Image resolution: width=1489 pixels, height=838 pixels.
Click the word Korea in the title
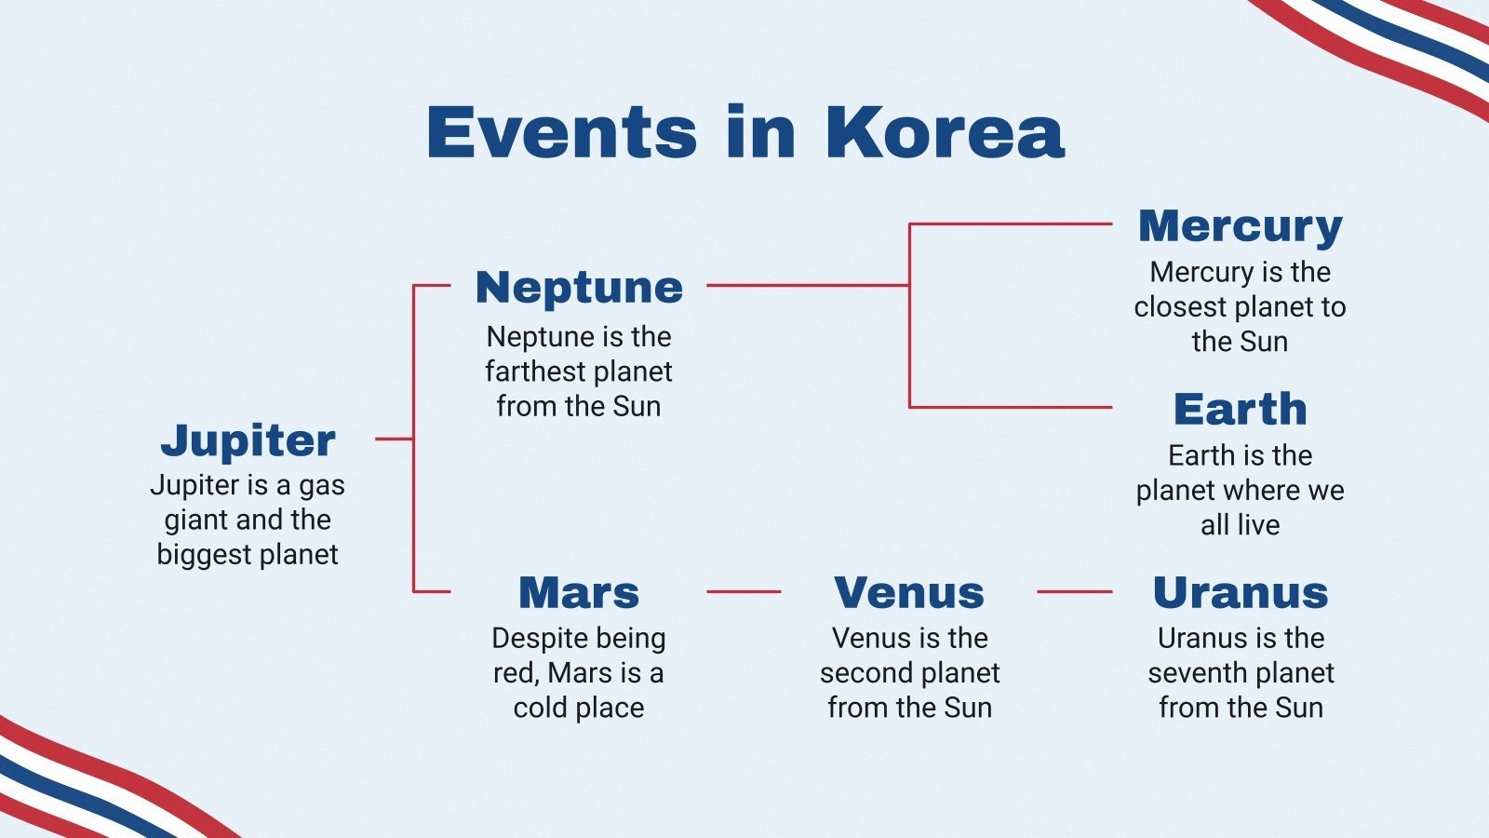tap(944, 132)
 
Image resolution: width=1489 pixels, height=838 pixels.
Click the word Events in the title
tap(562, 132)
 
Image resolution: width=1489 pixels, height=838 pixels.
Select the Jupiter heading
tap(248, 439)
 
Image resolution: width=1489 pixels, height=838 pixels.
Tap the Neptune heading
tap(579, 287)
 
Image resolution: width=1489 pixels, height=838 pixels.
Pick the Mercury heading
tap(1240, 226)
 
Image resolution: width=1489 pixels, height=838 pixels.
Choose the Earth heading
tap(1240, 409)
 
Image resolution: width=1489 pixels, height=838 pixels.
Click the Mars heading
tap(579, 592)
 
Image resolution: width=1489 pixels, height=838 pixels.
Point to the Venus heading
tap(909, 592)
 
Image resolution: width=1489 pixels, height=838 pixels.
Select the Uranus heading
tap(1240, 592)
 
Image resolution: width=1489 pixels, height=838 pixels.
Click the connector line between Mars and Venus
tap(744, 591)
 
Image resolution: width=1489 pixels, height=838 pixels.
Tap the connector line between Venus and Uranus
tap(1074, 591)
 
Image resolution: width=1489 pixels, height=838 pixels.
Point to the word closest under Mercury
tap(1180, 306)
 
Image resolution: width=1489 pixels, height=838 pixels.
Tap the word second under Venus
tap(865, 673)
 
